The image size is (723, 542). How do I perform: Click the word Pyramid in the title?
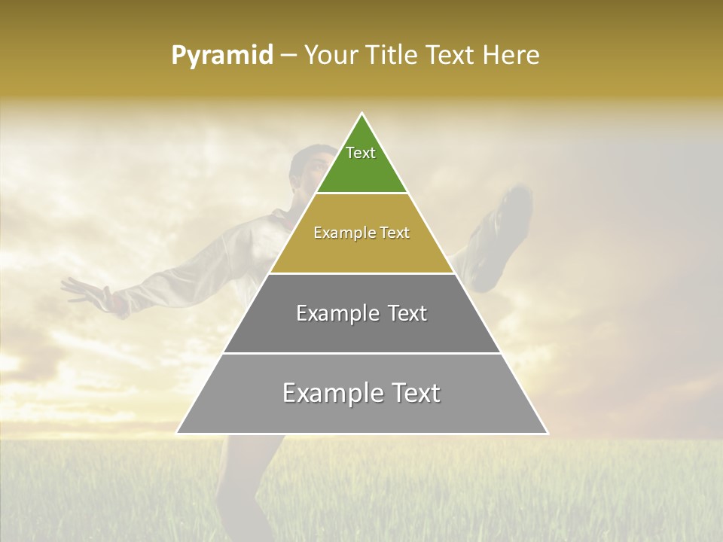[222, 56]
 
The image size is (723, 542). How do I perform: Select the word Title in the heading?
[392, 56]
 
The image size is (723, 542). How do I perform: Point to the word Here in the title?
[512, 56]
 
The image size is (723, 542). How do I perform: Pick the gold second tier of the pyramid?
[361, 248]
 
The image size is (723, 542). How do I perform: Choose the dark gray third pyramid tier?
[361, 331]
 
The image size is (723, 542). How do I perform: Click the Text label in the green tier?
[361, 153]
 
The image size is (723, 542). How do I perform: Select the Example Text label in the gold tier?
[361, 233]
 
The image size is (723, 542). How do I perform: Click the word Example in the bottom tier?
[331, 393]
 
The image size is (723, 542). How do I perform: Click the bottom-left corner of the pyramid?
[178, 433]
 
